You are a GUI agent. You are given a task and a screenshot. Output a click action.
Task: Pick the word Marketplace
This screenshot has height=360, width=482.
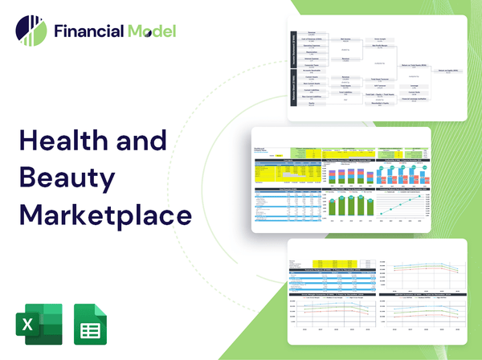pyautogui.click(x=106, y=215)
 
